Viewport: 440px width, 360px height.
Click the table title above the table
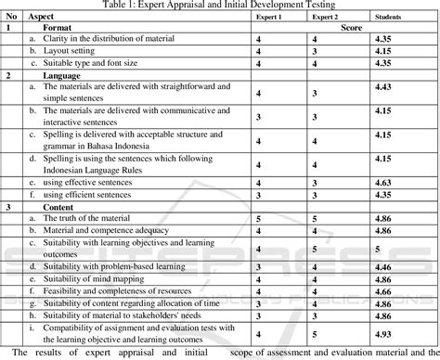click(x=219, y=5)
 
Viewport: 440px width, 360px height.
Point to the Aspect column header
click(x=42, y=18)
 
